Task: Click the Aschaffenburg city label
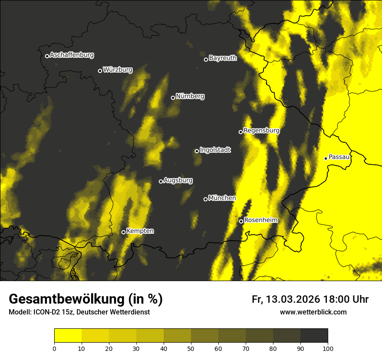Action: [x=72, y=55]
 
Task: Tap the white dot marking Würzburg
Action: [x=100, y=71]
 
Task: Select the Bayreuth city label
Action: [x=223, y=58]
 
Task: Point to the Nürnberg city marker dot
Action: [x=173, y=98]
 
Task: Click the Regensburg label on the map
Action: [x=261, y=131]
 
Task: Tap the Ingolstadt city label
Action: [x=215, y=150]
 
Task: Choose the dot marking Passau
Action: [x=326, y=158]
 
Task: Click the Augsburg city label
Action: [x=178, y=180]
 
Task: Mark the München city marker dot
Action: [x=205, y=199]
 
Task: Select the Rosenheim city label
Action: [x=261, y=220]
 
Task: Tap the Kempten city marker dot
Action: [x=123, y=232]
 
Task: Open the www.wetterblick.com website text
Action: [x=313, y=312]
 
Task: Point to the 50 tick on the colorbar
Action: [x=191, y=348]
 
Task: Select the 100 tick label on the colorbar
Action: [x=328, y=348]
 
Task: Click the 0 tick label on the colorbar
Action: [x=54, y=348]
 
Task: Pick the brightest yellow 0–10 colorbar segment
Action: [x=68, y=336]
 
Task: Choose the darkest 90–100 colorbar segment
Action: [x=314, y=336]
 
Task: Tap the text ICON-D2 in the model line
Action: [x=45, y=312]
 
